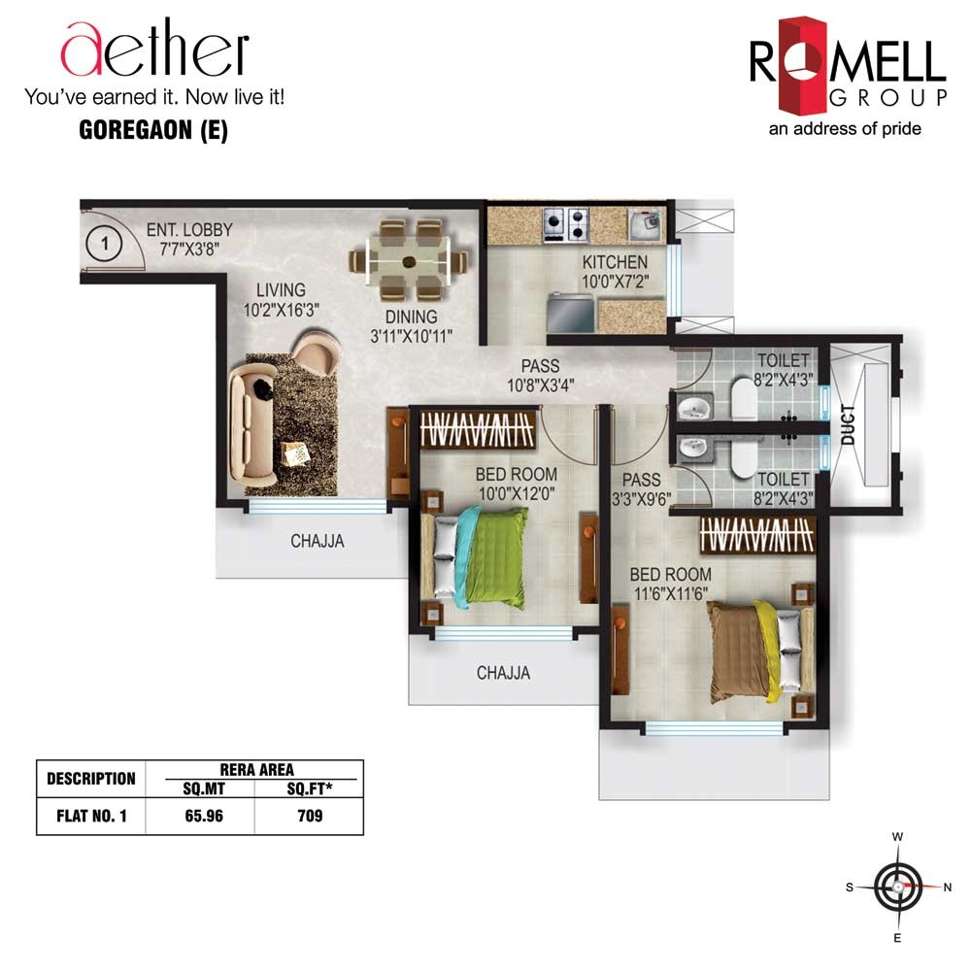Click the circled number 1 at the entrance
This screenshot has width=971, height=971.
pyautogui.click(x=104, y=244)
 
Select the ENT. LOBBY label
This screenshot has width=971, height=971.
pyautogui.click(x=189, y=230)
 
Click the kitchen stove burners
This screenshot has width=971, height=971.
pyautogui.click(x=565, y=225)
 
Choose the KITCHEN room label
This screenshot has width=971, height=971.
pyautogui.click(x=615, y=262)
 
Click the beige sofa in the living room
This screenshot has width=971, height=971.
pyautogui.click(x=252, y=424)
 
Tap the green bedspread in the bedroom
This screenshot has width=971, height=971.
pyautogui.click(x=495, y=556)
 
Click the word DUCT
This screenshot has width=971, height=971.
pyautogui.click(x=848, y=425)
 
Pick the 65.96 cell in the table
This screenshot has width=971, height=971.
pyautogui.click(x=204, y=816)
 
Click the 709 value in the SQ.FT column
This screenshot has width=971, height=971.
pyautogui.click(x=310, y=816)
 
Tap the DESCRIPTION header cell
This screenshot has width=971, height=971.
pyautogui.click(x=91, y=779)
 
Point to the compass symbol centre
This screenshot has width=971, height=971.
pyautogui.click(x=897, y=887)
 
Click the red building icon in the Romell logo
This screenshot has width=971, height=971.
pyautogui.click(x=803, y=66)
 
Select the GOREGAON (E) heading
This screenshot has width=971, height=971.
pyautogui.click(x=153, y=130)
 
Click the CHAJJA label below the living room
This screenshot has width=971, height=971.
pyautogui.click(x=318, y=541)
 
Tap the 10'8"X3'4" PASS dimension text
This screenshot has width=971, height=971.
pyautogui.click(x=541, y=385)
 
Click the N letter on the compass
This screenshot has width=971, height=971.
pyautogui.click(x=948, y=887)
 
